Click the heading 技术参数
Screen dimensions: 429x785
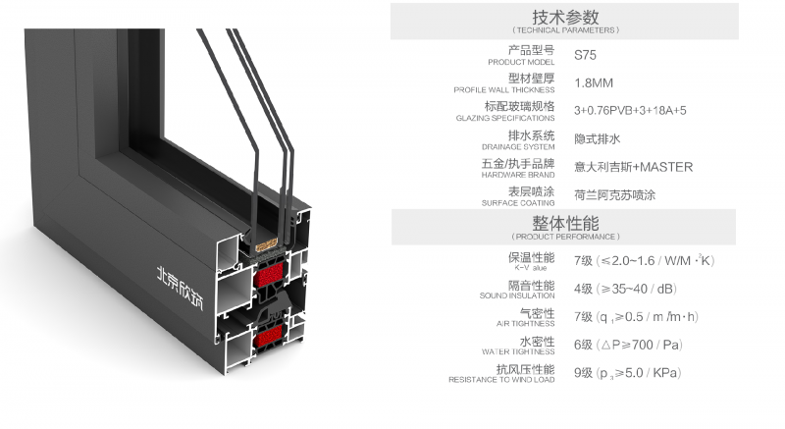564,17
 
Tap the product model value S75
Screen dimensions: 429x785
584,55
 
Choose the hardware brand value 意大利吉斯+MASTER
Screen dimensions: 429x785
633,167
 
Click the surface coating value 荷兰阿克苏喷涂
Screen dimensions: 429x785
614,194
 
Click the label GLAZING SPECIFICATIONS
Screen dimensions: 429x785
505,118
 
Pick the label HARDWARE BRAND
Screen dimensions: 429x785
518,175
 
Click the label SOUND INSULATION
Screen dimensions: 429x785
517,295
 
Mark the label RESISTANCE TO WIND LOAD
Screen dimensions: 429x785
501,379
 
